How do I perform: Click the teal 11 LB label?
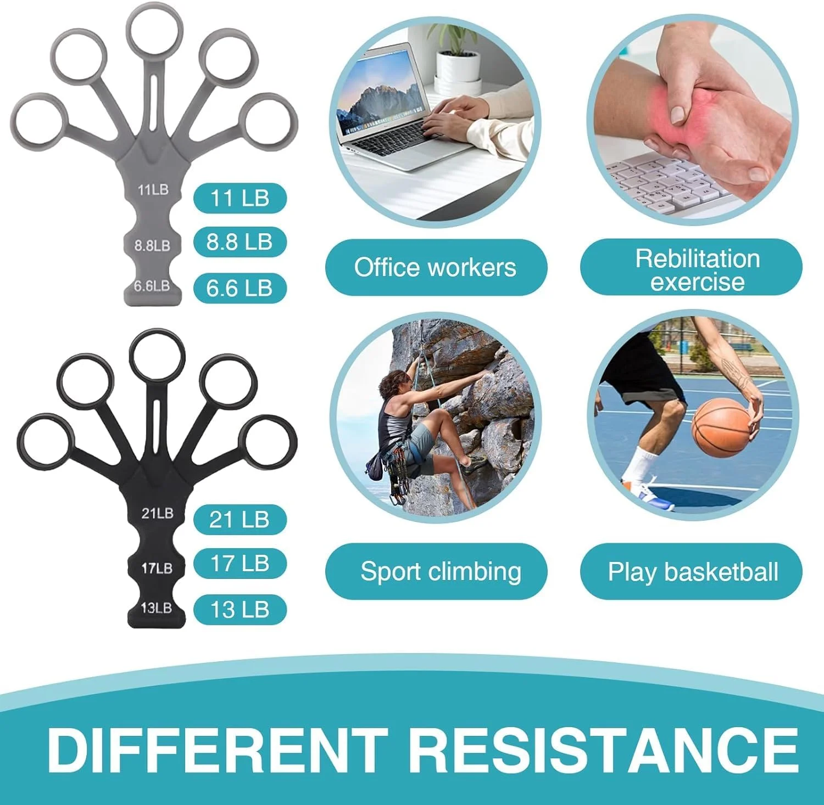[240, 198]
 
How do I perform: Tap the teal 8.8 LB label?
[240, 242]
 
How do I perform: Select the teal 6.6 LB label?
[240, 288]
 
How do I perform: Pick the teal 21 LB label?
[240, 520]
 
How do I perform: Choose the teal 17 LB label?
[240, 564]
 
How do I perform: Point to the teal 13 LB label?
[240, 610]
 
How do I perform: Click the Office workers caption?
[436, 267]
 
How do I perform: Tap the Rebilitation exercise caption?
[691, 267]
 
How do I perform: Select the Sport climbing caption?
[436, 571]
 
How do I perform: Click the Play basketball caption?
[691, 571]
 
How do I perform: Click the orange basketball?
[721, 427]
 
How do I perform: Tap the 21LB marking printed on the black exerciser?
[157, 514]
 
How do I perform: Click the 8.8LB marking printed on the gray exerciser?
[152, 245]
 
